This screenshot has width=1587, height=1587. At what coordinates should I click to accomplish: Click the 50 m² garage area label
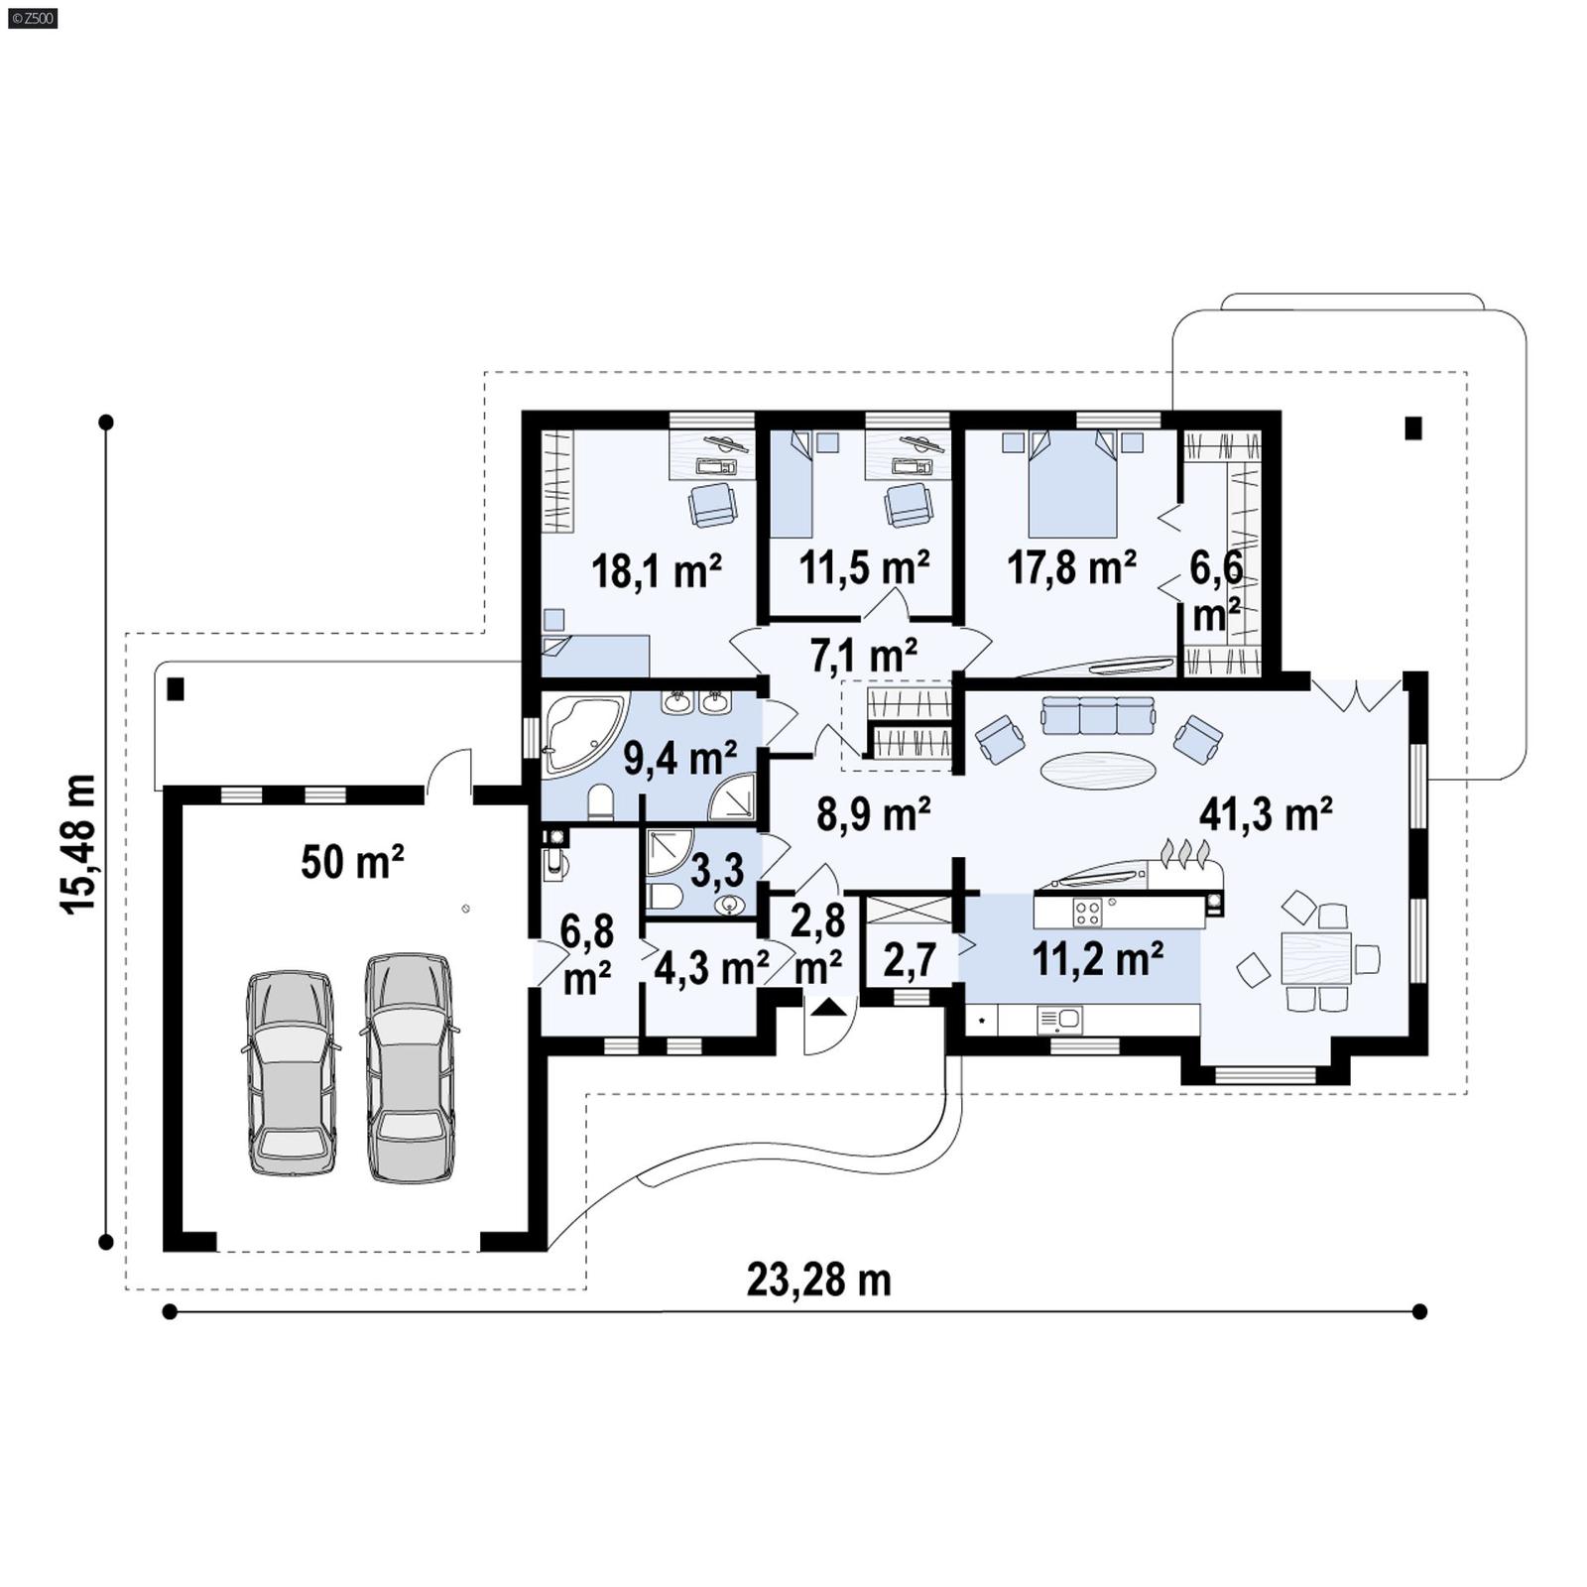point(352,862)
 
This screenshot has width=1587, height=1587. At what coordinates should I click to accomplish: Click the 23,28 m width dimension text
point(818,1280)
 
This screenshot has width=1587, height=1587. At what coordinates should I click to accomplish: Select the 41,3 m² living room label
point(1265,814)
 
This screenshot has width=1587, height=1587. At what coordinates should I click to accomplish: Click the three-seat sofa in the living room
point(1098,714)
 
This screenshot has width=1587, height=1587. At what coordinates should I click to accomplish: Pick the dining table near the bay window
point(1315,957)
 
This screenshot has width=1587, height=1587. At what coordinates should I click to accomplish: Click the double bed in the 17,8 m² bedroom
point(1072,484)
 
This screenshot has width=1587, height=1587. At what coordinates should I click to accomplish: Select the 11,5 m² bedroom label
point(864,567)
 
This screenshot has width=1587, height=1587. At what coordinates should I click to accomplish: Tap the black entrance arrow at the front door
point(829,1008)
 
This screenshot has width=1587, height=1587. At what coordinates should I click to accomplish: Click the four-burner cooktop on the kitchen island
point(1087,911)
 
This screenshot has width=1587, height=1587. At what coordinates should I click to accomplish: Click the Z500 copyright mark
point(32,17)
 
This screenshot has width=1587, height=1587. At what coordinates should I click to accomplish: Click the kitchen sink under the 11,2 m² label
point(1059,1019)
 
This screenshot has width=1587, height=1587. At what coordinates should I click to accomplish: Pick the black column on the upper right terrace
point(1413,428)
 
